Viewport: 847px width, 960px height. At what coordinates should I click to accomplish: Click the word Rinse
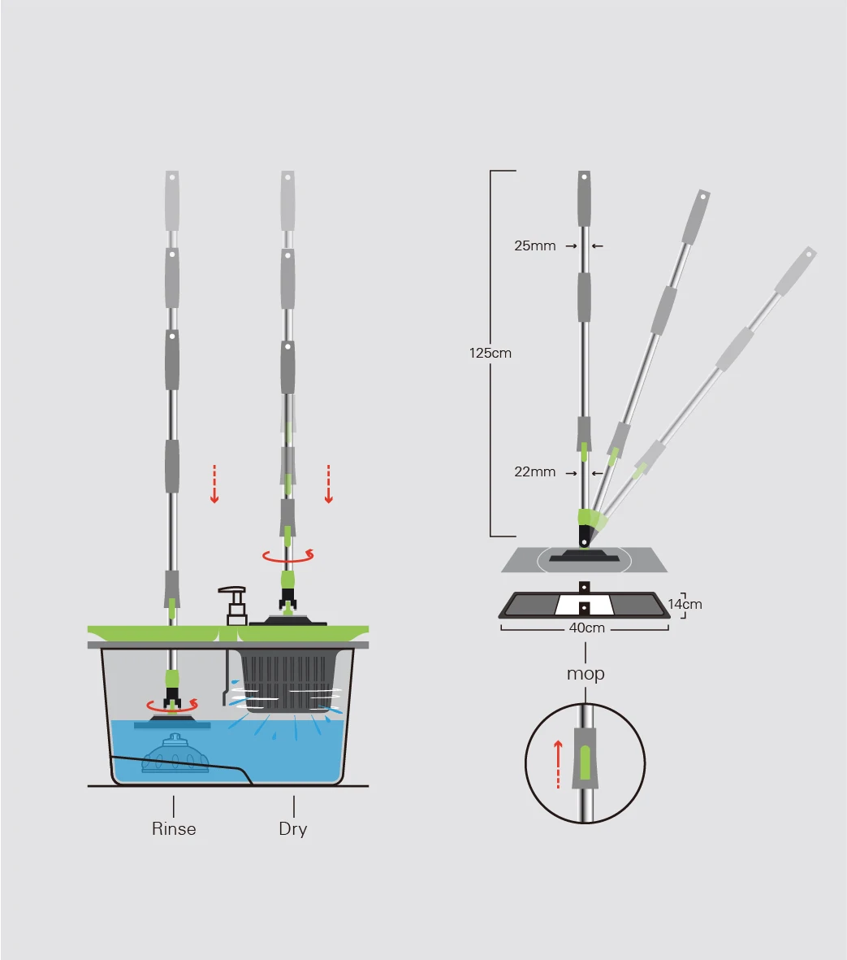click(174, 828)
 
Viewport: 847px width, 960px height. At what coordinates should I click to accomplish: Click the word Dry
click(293, 829)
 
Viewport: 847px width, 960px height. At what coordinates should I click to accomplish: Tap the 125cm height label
click(490, 354)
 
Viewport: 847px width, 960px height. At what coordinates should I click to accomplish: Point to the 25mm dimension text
click(535, 245)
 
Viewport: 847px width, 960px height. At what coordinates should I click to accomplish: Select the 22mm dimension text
click(535, 472)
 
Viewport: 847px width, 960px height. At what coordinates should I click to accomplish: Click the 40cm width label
click(586, 628)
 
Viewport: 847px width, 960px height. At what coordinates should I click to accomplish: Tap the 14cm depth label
click(685, 604)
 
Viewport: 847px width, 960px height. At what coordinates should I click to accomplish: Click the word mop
click(586, 674)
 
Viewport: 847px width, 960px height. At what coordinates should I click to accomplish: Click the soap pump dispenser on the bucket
click(234, 606)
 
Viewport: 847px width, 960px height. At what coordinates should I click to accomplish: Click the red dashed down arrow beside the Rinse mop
click(214, 484)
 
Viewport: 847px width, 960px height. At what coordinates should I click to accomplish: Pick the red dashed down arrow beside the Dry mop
click(329, 484)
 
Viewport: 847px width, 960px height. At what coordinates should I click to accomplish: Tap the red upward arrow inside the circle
click(558, 764)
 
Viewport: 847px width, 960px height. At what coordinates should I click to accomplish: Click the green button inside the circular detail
click(585, 762)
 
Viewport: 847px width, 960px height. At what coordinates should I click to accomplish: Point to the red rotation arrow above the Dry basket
click(288, 556)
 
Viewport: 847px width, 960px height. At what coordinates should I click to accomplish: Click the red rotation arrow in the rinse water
click(172, 705)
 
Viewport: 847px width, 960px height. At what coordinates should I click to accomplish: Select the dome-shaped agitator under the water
click(175, 754)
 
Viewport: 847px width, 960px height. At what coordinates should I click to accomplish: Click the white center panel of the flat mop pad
click(584, 605)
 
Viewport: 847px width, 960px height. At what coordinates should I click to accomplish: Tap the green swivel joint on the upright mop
click(585, 517)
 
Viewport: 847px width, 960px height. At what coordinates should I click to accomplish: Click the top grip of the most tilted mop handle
click(796, 270)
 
